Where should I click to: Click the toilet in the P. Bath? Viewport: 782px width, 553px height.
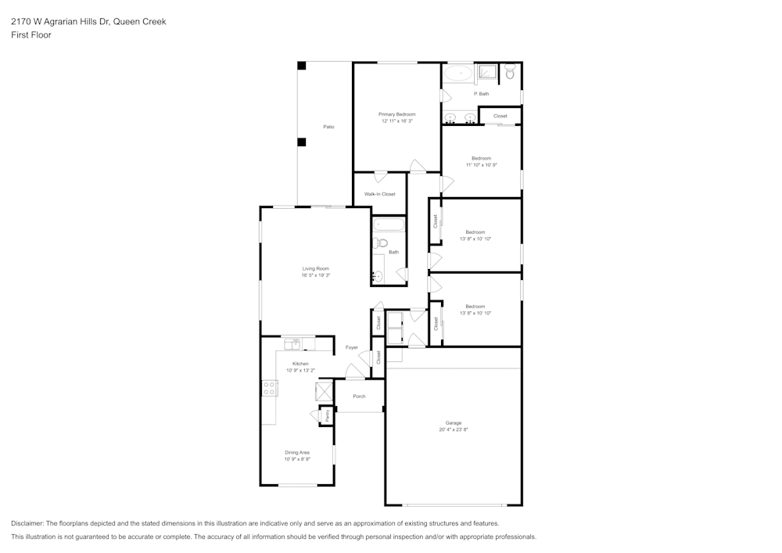coord(509,73)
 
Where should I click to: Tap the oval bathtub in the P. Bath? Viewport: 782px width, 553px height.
coord(459,75)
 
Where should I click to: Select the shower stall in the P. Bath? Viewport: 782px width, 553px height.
coord(487,73)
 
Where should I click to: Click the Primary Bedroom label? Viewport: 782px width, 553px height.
coord(396,114)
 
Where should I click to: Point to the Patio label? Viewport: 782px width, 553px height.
coord(329,127)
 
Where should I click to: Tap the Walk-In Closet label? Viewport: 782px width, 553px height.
coord(379,194)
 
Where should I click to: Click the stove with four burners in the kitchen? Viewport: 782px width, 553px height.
coord(269,387)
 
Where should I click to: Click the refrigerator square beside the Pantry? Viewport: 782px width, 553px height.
coord(324,391)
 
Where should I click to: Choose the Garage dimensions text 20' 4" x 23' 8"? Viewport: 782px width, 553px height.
coord(454,429)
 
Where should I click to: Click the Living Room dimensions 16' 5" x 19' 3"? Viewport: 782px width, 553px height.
coord(316,275)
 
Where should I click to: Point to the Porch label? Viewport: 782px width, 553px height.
coord(359,397)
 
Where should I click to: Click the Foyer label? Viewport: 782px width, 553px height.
coord(352,347)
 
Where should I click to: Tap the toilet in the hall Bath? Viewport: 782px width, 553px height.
coord(381,242)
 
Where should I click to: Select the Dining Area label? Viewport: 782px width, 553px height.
coord(297,452)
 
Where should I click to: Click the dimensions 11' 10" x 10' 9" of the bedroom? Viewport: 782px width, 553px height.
coord(481,165)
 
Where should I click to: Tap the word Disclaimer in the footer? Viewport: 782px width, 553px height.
coord(27,523)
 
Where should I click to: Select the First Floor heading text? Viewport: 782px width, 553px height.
coord(31,35)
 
